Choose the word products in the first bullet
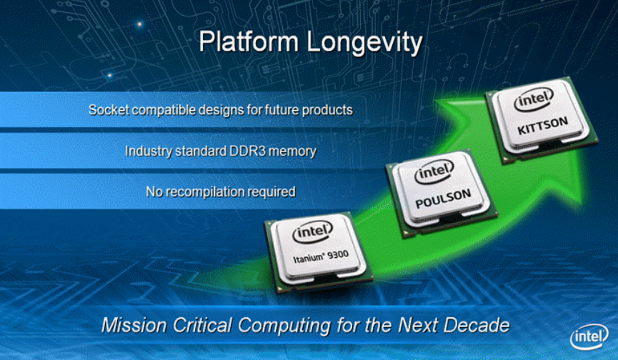point(328,111)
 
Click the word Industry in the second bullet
point(149,151)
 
